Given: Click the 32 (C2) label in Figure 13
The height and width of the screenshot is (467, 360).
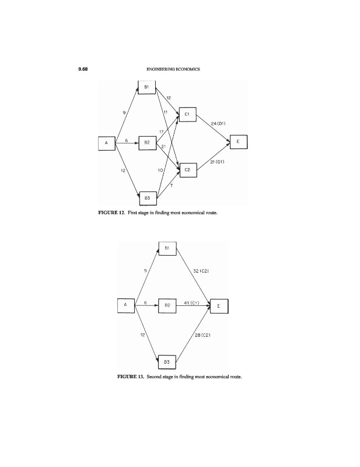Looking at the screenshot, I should pos(201,271).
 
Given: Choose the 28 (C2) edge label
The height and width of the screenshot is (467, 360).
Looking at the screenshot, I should pos(202,334).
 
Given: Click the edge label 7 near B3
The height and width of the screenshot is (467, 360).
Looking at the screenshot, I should pos(171,185).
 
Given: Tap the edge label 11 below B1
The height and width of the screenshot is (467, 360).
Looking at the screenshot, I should pos(166,111).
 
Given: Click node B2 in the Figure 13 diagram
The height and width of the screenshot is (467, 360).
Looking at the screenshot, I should pos(167,305).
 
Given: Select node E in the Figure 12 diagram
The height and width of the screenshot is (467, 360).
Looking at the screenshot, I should pos(239,142).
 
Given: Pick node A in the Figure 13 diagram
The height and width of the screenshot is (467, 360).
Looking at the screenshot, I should pos(125,304).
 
